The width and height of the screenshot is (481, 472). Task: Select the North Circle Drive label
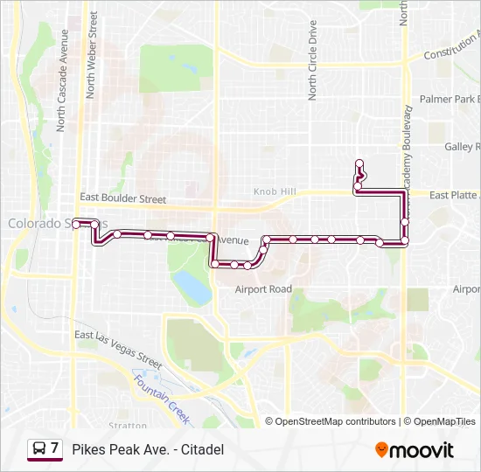click(x=312, y=61)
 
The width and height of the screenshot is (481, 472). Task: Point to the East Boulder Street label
click(x=122, y=199)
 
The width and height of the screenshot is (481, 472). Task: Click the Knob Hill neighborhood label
click(x=275, y=191)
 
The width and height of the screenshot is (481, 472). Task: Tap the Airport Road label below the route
click(x=263, y=288)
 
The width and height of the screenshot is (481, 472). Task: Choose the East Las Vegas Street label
click(x=118, y=348)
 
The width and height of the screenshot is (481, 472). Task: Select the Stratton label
click(x=129, y=426)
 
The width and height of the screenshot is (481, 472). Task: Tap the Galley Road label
click(x=462, y=147)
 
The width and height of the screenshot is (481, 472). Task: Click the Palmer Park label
click(x=450, y=100)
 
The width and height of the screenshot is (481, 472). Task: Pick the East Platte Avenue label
click(x=455, y=195)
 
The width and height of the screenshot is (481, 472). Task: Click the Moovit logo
click(x=415, y=450)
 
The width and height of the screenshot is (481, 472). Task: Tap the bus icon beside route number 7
click(x=38, y=449)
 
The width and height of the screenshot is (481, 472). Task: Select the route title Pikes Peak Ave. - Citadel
click(x=148, y=449)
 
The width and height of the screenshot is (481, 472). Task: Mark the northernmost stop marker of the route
click(x=359, y=163)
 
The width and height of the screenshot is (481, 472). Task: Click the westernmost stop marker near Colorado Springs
click(x=76, y=224)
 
